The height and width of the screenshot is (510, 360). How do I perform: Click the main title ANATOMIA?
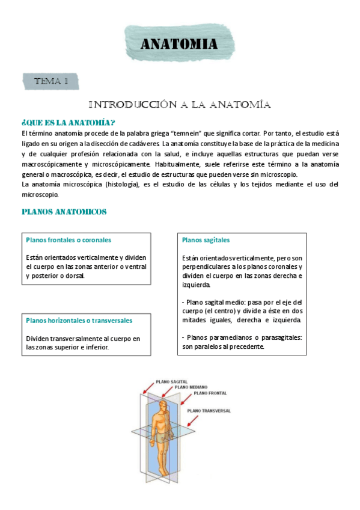coord(178,44)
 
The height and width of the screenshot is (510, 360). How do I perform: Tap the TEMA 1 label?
coord(51,81)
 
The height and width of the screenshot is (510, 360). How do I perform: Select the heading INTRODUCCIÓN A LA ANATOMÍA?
coord(180,105)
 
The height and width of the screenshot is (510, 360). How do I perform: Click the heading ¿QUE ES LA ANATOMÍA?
coord(68,122)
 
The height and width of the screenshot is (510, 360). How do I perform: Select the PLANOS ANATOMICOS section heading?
coord(64,212)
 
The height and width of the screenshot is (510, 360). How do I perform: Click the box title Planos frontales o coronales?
coord(69,239)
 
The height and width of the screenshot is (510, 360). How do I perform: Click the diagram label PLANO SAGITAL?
coord(171,381)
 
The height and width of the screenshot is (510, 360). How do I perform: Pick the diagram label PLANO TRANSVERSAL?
coord(209,410)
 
